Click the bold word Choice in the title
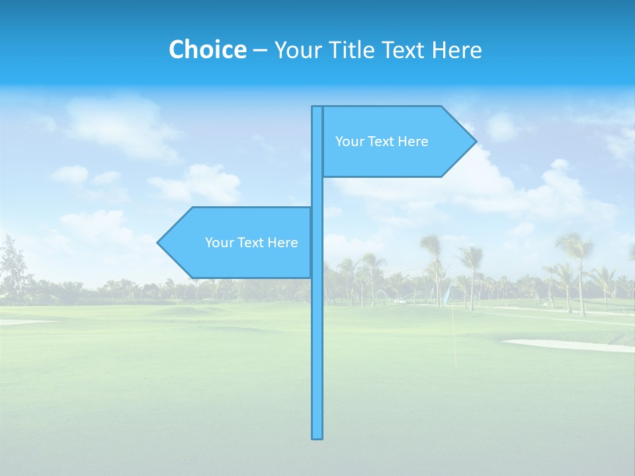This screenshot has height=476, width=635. click(x=207, y=50)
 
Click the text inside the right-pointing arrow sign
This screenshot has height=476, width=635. click(x=382, y=141)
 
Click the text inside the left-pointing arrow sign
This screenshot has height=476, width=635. click(x=251, y=243)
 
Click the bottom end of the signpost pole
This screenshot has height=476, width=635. click(x=317, y=436)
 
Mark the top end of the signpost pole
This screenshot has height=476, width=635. click(x=317, y=108)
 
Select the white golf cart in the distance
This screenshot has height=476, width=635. click(x=399, y=301)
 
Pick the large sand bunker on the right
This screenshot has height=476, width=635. click(x=569, y=344)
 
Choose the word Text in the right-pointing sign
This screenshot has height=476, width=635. click(x=381, y=141)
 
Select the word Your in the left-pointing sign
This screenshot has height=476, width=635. click(x=218, y=243)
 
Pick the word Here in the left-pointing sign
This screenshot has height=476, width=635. click(x=282, y=243)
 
